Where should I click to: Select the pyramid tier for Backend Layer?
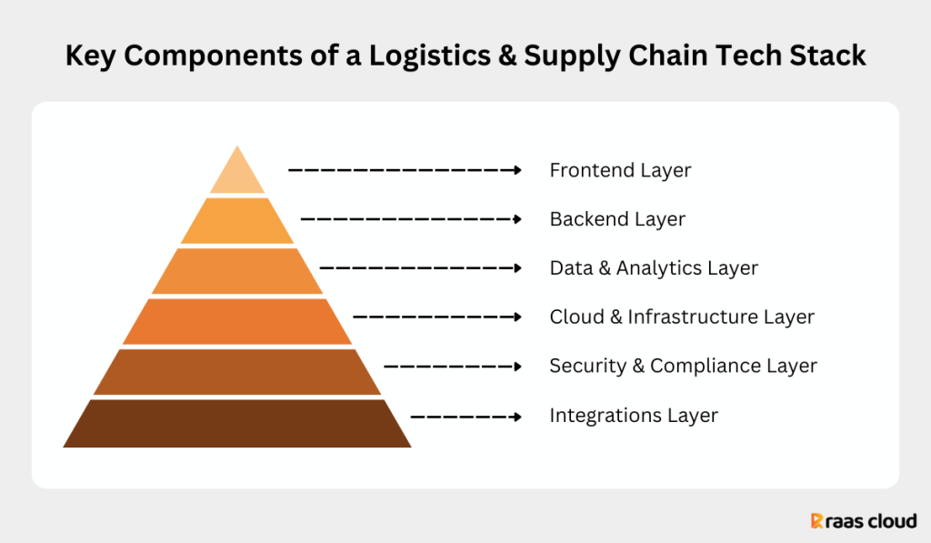click(237, 220)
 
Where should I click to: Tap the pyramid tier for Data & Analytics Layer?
click(237, 271)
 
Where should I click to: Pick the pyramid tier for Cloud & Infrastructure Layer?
click(237, 321)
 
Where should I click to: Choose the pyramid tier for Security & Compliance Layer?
click(237, 371)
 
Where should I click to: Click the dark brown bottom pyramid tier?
click(237, 423)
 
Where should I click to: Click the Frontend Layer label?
click(620, 170)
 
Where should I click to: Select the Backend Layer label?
click(617, 219)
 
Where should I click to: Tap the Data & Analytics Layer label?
click(654, 268)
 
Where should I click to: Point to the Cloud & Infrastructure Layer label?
click(682, 317)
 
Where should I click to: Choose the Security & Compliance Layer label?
click(683, 366)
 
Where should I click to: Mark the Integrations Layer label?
click(634, 416)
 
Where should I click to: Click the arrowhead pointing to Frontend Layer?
click(517, 170)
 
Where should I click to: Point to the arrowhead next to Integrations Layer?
click(517, 417)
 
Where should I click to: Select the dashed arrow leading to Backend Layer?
click(409, 219)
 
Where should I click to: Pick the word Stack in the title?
click(829, 56)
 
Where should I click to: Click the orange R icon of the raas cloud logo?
click(817, 521)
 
